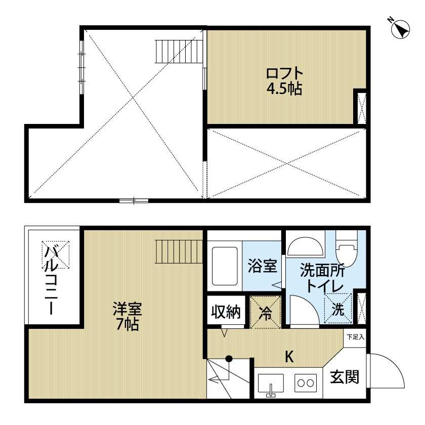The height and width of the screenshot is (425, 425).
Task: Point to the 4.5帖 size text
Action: coord(284,89)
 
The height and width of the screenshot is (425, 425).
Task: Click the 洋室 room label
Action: coord(127,308)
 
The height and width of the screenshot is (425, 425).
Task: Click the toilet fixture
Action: coord(348,248)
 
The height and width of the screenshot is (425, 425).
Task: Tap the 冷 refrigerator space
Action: coord(266,313)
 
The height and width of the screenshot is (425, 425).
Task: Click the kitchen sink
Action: coord(272,384)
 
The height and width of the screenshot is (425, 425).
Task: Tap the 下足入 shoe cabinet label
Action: coord(355,336)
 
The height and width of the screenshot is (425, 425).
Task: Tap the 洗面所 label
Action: coord(322,270)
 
